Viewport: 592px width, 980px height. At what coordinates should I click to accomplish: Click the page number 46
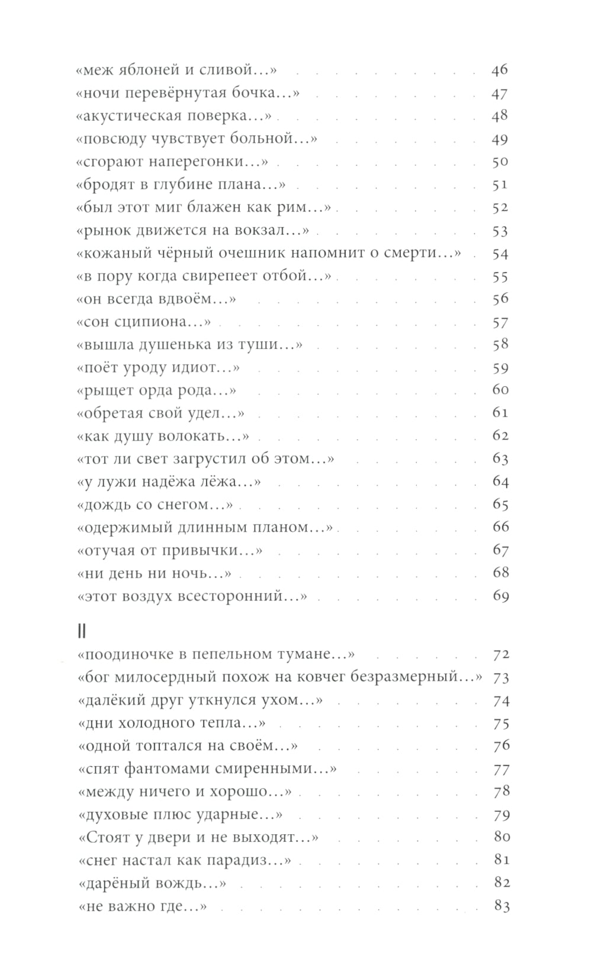500,70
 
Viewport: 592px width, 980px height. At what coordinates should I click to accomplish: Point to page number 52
500,208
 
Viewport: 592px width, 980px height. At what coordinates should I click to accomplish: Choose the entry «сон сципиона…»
144,322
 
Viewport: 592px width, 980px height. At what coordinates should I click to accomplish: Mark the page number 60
500,390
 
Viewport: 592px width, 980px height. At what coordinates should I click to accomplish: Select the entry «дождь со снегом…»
155,505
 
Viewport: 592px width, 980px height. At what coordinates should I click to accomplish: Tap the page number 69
500,597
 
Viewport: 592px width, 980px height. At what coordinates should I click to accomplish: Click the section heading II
82,632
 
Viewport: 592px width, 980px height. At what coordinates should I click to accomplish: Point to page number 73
501,678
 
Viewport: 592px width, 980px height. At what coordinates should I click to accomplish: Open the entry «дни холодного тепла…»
172,723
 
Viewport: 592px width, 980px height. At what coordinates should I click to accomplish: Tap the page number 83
501,907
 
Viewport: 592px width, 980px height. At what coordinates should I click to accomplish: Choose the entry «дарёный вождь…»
152,883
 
